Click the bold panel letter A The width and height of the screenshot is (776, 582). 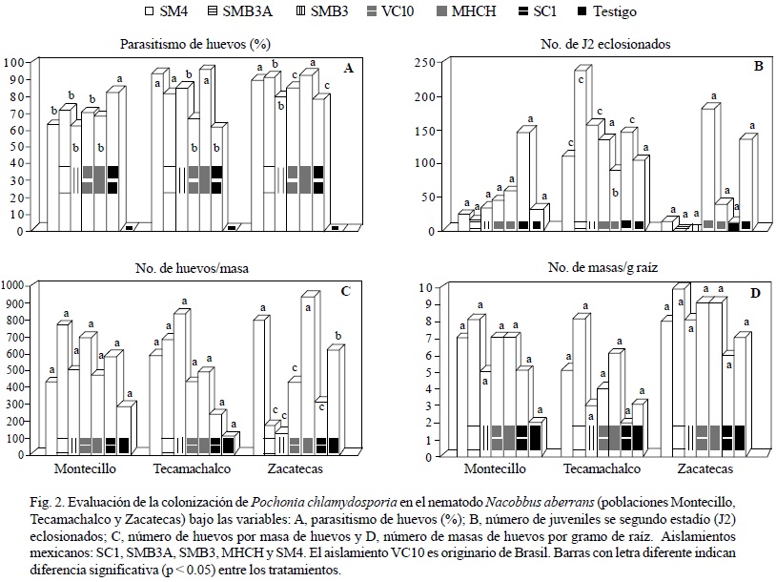348,68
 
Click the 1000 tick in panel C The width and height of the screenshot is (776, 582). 15,285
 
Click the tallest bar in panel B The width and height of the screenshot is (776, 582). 582,148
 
